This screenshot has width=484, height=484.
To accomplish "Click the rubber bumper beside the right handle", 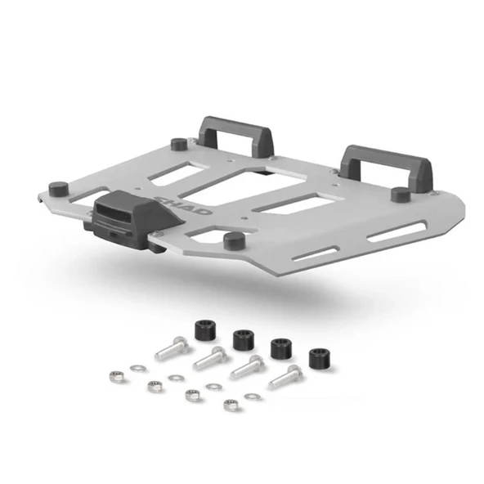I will point(400,195).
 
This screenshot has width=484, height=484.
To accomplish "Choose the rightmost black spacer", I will point(320,358).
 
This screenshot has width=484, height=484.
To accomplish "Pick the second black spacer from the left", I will point(242,338).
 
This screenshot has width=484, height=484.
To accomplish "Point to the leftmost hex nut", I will point(118,378).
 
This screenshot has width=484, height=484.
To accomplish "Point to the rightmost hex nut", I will point(232,405).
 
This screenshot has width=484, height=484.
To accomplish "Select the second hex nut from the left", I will point(152,386).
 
